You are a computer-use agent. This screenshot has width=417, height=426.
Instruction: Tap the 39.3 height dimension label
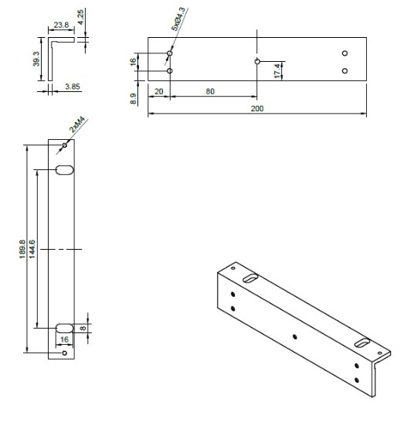point(36,60)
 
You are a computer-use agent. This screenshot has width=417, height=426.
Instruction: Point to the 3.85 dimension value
point(72,87)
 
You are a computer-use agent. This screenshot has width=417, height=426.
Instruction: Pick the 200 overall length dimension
point(256,109)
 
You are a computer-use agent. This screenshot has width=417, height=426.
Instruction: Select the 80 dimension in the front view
point(211,90)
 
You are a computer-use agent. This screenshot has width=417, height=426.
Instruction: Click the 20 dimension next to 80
point(159,90)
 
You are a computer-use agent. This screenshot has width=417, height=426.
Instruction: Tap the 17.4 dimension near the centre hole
point(278,73)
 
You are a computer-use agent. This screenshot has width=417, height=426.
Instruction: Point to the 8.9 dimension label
point(134,99)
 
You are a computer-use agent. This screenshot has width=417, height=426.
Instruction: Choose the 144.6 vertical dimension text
point(32,248)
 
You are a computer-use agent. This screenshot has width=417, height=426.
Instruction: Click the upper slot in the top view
point(65,169)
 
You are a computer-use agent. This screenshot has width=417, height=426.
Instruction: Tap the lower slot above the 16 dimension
point(65,327)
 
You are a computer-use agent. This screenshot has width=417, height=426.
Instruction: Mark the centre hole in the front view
point(257,60)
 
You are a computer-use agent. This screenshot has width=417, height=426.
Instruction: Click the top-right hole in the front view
point(345,53)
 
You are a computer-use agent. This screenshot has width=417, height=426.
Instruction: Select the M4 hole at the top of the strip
point(65,145)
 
